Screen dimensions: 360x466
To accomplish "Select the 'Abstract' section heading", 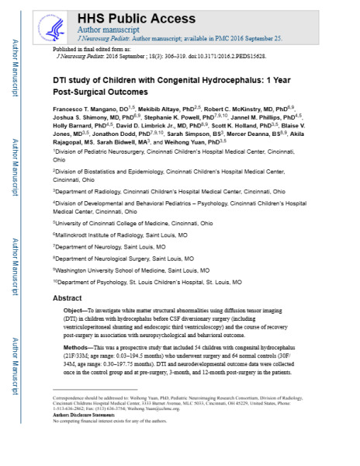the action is pos(67,298).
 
